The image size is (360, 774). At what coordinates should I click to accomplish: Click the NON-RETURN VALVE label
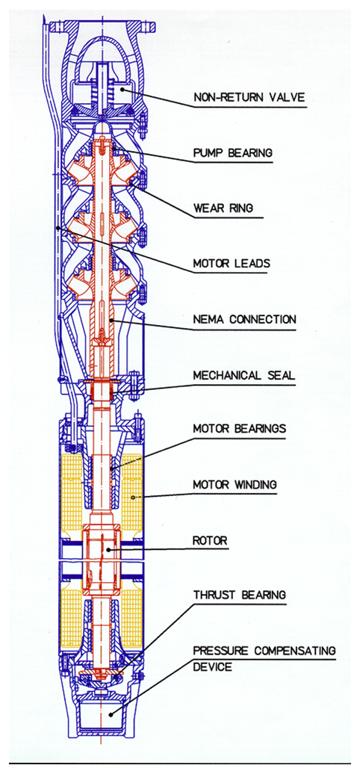pyautogui.click(x=249, y=97)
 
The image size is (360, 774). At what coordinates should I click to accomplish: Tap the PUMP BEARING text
pyautogui.click(x=232, y=153)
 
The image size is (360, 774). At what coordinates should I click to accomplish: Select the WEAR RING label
pyautogui.click(x=223, y=208)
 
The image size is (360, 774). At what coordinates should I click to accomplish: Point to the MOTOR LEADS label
pyautogui.click(x=232, y=264)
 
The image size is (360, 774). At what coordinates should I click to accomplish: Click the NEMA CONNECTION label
pyautogui.click(x=244, y=319)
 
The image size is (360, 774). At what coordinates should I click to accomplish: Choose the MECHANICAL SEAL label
pyautogui.click(x=243, y=374)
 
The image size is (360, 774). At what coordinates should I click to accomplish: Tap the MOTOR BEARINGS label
pyautogui.click(x=239, y=429)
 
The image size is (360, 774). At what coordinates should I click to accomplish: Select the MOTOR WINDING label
pyautogui.click(x=235, y=485)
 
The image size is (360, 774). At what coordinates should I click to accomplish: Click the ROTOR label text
pyautogui.click(x=210, y=540)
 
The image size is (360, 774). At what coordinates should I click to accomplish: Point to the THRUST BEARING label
pyautogui.click(x=239, y=595)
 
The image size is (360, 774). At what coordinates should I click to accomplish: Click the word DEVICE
pyautogui.click(x=212, y=667)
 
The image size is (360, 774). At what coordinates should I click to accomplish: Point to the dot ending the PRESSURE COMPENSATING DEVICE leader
pyautogui.click(x=111, y=713)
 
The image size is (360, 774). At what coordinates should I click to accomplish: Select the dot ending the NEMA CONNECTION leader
pyautogui.click(x=112, y=321)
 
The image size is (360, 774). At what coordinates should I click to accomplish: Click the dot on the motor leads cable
pyautogui.click(x=58, y=228)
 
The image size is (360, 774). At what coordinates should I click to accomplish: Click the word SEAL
pyautogui.click(x=280, y=374)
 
